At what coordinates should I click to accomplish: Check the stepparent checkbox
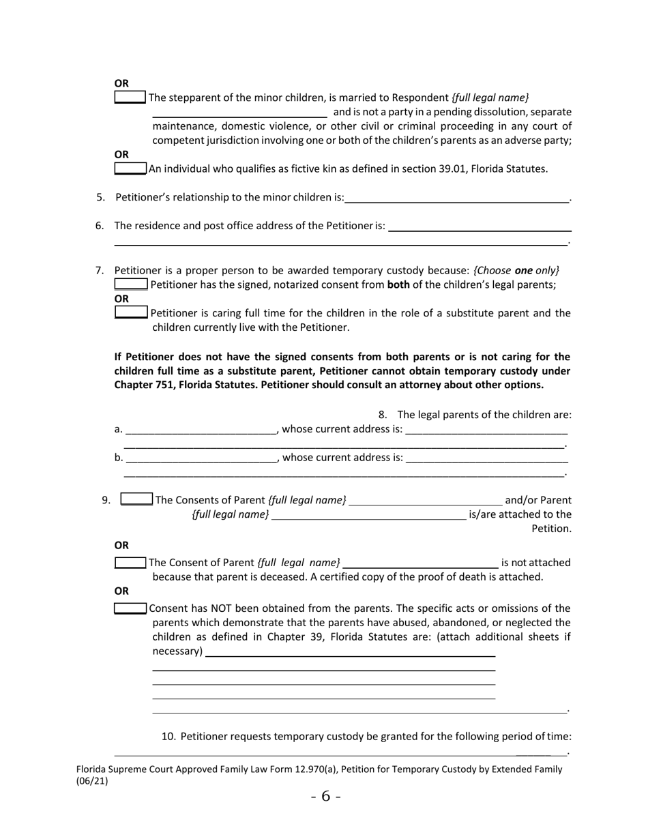(130, 98)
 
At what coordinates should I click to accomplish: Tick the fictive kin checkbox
(130, 168)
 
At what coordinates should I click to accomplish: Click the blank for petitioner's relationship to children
(456, 198)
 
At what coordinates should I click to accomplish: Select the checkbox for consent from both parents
(130, 284)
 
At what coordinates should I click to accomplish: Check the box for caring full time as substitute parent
(131, 313)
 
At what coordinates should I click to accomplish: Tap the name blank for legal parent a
(201, 430)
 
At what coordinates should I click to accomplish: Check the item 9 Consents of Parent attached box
(136, 500)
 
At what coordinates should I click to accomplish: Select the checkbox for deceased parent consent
(130, 563)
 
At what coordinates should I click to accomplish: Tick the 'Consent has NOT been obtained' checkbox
(130, 608)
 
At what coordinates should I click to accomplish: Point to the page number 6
(325, 796)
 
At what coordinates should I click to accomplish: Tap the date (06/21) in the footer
(92, 782)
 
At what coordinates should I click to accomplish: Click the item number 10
(169, 737)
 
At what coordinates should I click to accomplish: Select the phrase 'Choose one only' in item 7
(516, 270)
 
